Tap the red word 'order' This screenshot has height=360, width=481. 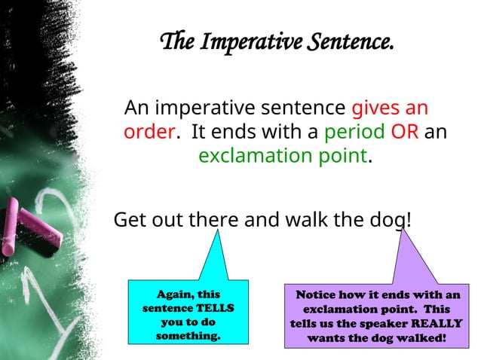149,132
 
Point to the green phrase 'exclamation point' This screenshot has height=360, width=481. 283,157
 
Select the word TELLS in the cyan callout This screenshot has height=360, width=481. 215,309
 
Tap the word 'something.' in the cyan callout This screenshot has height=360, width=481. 188,336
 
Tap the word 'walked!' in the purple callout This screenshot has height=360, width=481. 420,337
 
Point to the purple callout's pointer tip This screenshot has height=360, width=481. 403,231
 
